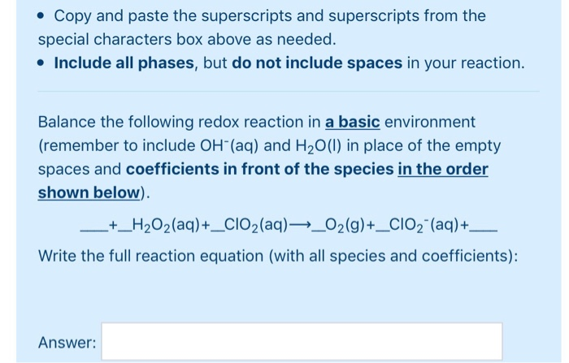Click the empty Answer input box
click(x=302, y=342)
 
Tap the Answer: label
click(x=67, y=343)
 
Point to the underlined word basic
click(x=352, y=123)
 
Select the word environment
click(x=430, y=123)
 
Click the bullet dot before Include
click(x=42, y=63)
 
